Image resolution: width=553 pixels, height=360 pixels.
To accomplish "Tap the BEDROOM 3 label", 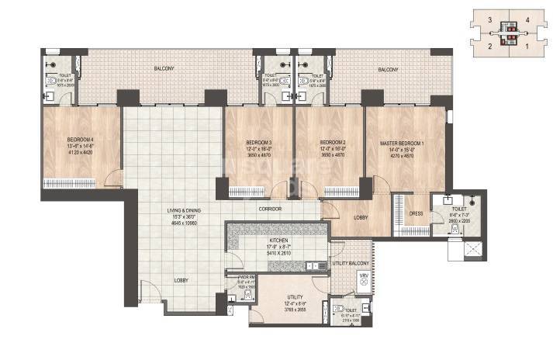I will [259, 144].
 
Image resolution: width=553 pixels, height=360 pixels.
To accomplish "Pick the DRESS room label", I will [416, 214].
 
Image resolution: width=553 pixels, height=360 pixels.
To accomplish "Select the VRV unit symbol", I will [361, 279].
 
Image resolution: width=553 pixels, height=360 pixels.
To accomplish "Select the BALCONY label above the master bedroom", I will [388, 70].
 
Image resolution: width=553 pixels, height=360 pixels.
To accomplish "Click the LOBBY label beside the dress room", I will [361, 218].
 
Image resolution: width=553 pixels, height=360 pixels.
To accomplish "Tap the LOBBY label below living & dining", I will [181, 280].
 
